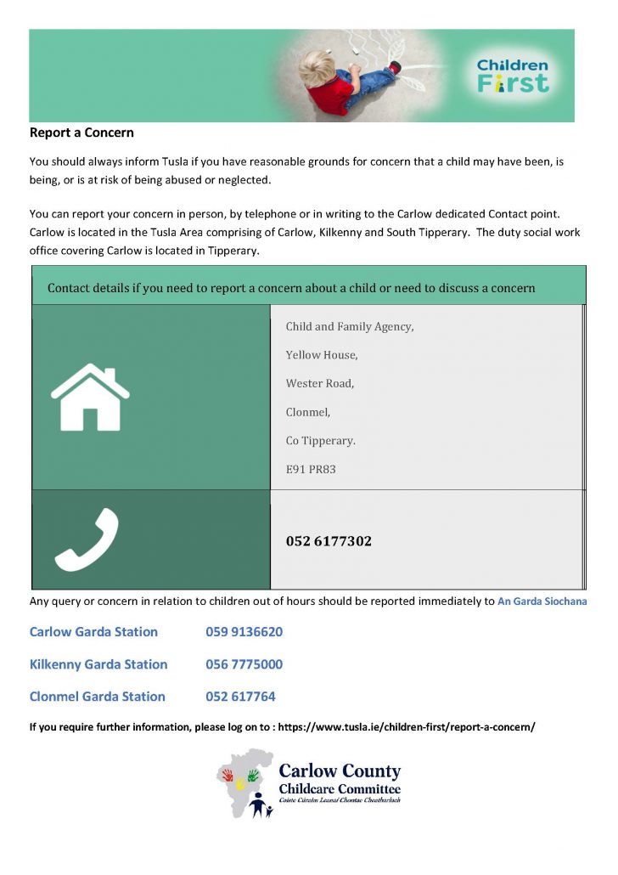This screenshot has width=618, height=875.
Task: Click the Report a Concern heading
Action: tap(81, 133)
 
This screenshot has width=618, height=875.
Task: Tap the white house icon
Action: tap(90, 397)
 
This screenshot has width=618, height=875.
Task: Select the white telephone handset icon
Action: tap(87, 539)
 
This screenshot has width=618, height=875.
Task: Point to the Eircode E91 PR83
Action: tap(311, 468)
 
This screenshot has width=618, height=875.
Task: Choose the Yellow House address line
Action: tap(322, 355)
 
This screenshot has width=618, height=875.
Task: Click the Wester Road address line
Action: tap(320, 383)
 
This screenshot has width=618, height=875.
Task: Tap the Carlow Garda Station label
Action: tap(93, 632)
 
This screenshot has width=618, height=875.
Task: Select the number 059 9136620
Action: tap(244, 632)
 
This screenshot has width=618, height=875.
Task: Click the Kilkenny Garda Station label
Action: tap(98, 664)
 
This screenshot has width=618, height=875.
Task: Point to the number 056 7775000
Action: tap(244, 664)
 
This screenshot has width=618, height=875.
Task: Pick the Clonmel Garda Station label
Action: tap(97, 697)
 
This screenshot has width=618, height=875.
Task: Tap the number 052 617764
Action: tap(240, 697)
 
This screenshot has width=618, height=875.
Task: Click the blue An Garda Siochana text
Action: tap(542, 601)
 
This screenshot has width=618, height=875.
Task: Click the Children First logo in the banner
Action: tap(513, 75)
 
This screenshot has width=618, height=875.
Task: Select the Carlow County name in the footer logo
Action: tap(340, 771)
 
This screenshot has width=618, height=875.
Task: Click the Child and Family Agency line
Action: tap(350, 326)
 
